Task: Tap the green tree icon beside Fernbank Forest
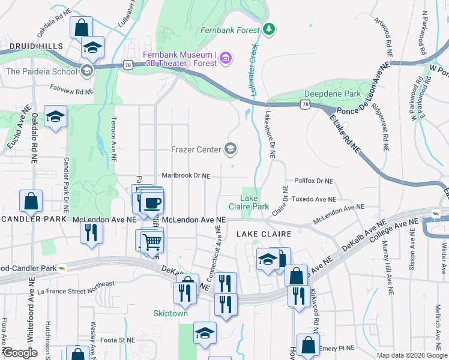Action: (270, 28)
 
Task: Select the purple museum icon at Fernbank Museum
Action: (225, 58)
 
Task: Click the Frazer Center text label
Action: (196, 149)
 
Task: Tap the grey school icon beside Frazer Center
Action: (230, 149)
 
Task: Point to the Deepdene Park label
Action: (332, 94)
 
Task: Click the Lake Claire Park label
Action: (255, 202)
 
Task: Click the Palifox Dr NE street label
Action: (313, 181)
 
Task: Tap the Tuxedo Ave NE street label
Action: (313, 199)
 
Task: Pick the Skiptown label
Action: (170, 313)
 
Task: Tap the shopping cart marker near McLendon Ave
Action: (152, 242)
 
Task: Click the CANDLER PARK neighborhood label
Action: (32, 219)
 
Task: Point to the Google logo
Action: (19, 353)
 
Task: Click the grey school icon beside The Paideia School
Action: (87, 71)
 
